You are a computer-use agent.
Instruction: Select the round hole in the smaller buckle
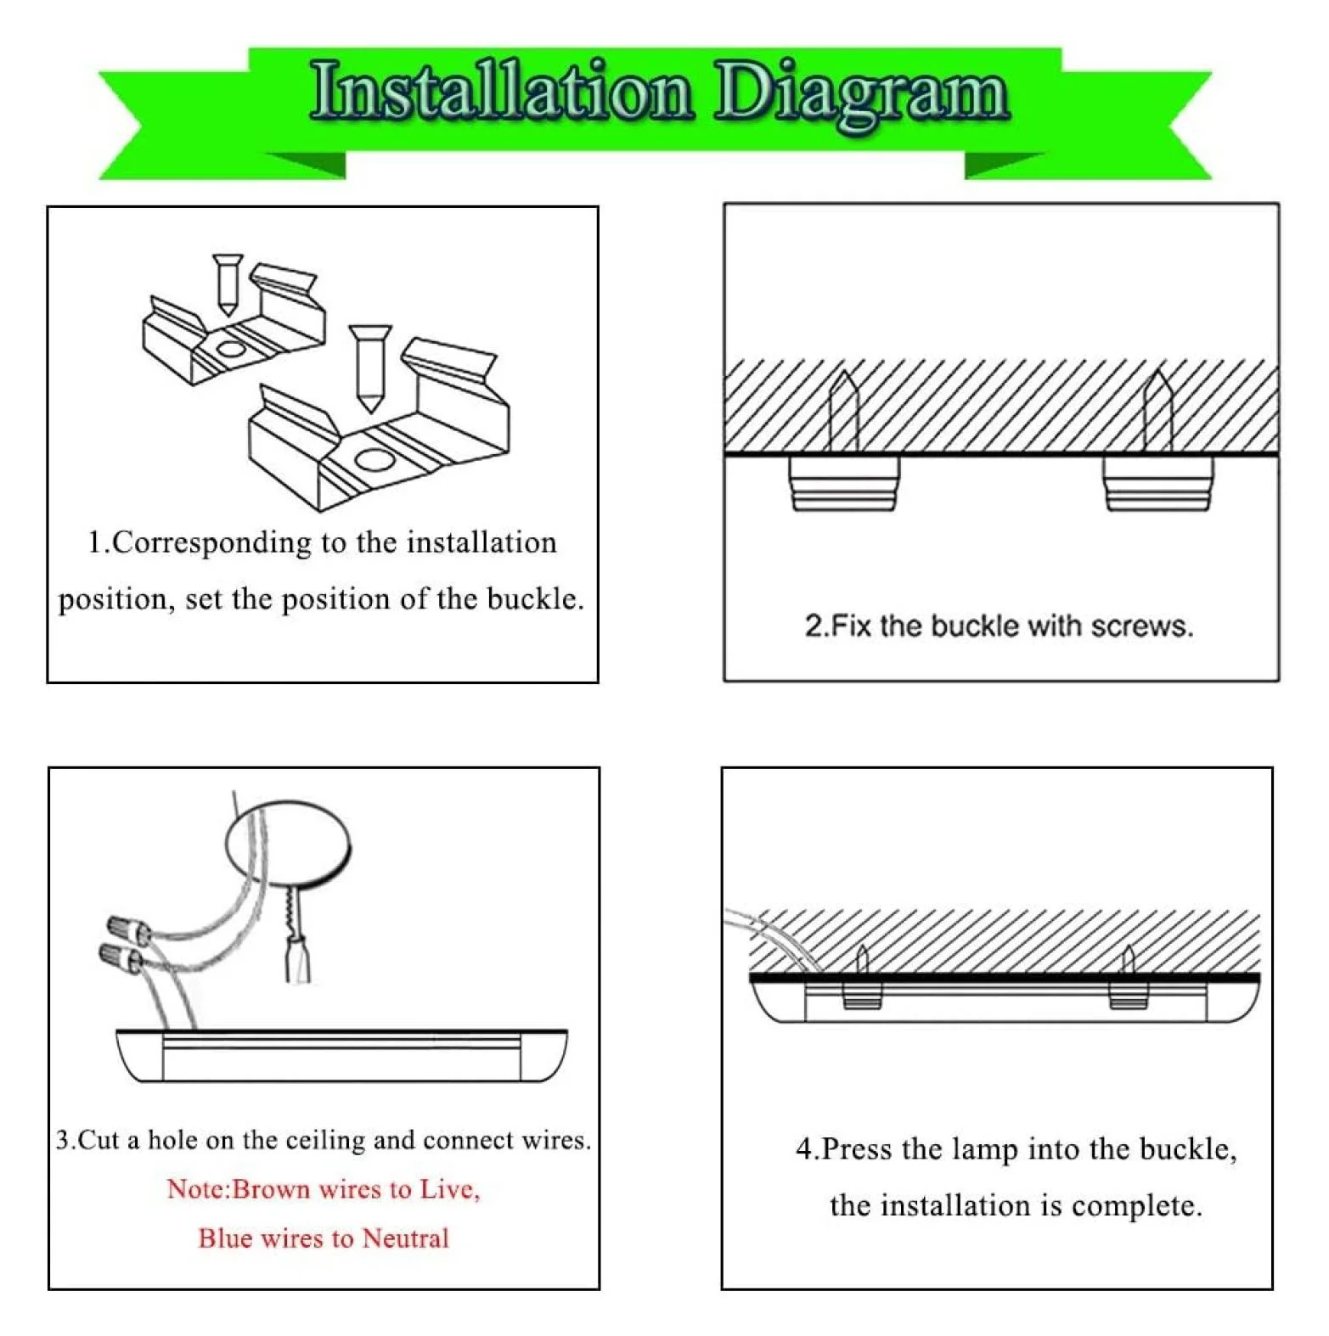point(229,349)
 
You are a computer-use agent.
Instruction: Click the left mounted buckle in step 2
point(843,483)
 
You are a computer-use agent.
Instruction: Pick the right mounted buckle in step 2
point(1158,483)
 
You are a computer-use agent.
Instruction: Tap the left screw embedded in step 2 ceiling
point(842,411)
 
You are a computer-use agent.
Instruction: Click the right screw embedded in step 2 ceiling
point(1158,411)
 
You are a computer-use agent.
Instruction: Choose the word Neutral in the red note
point(405,1238)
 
